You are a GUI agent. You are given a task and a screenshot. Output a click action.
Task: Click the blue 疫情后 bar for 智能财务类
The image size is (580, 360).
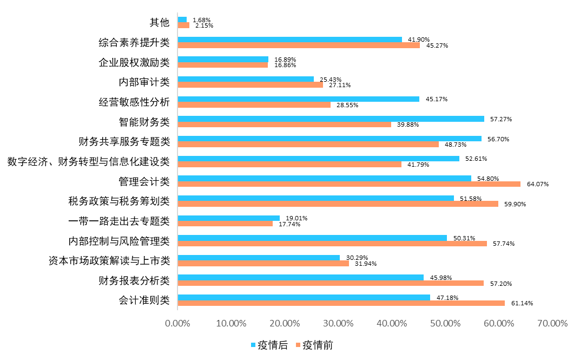tap(331, 119)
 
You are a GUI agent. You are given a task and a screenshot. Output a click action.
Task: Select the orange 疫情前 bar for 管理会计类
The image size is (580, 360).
tap(349, 184)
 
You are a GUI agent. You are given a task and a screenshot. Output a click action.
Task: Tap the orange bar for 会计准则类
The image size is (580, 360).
tap(341, 303)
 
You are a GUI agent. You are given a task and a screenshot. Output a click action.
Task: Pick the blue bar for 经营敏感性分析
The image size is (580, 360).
tap(298, 99)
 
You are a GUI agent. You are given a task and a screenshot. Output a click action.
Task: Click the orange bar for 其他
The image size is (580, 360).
tap(183, 25)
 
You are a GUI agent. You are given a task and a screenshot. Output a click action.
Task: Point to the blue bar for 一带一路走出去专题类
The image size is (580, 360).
tap(228, 218)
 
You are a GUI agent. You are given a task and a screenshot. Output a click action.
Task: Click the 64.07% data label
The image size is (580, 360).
tap(537, 184)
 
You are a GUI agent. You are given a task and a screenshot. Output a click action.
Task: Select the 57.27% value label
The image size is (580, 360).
tap(500, 119)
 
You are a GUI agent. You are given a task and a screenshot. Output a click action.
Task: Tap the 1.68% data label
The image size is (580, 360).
tap(201, 20)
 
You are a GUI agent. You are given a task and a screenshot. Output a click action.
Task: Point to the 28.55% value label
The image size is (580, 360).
tap(347, 104)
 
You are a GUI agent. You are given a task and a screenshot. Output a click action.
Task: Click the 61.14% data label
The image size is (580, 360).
tap(522, 303)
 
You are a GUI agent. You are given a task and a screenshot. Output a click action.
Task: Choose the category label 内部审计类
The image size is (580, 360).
tap(144, 82)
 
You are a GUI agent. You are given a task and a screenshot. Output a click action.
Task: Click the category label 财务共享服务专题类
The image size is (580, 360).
tap(124, 142)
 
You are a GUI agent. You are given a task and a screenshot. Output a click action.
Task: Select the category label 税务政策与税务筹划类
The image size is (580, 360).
tap(119, 201)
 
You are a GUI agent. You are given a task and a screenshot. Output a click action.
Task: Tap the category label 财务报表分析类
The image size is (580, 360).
tap(134, 280)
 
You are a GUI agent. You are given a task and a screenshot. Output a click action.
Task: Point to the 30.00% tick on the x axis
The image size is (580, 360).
tap(338, 323)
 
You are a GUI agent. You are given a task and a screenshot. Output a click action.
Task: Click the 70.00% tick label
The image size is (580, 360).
tap(552, 323)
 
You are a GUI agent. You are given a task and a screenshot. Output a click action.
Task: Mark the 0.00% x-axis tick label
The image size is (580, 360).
tap(178, 323)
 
